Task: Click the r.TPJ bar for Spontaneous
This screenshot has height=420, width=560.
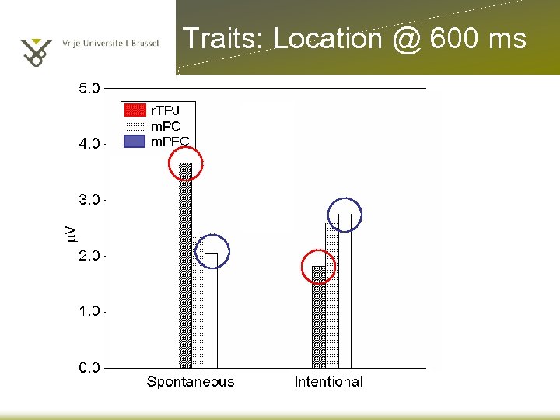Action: (x=185, y=264)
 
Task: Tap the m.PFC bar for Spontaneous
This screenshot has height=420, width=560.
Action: (x=212, y=310)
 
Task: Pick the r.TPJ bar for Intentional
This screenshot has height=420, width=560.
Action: (x=318, y=317)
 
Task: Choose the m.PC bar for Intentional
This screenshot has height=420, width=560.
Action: (x=332, y=296)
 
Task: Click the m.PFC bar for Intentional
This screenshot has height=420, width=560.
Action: (x=345, y=290)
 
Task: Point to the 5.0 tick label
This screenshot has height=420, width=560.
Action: (x=89, y=88)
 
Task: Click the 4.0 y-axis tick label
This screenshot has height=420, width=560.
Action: (x=89, y=144)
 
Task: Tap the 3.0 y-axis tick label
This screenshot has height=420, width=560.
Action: (x=89, y=200)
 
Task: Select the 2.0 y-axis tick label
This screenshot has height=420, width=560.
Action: (x=89, y=256)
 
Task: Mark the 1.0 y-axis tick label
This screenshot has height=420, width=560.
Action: (x=89, y=312)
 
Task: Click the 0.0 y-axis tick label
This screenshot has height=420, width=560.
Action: (x=89, y=368)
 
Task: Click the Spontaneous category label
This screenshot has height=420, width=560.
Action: (x=191, y=382)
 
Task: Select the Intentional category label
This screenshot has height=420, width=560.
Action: (x=328, y=382)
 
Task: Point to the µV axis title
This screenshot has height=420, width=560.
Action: (x=69, y=232)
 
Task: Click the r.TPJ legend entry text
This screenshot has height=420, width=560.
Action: (x=165, y=110)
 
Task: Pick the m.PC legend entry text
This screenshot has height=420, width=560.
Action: (x=166, y=126)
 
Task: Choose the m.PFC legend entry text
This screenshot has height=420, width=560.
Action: (x=170, y=142)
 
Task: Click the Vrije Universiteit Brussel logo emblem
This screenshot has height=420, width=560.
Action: (x=35, y=51)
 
